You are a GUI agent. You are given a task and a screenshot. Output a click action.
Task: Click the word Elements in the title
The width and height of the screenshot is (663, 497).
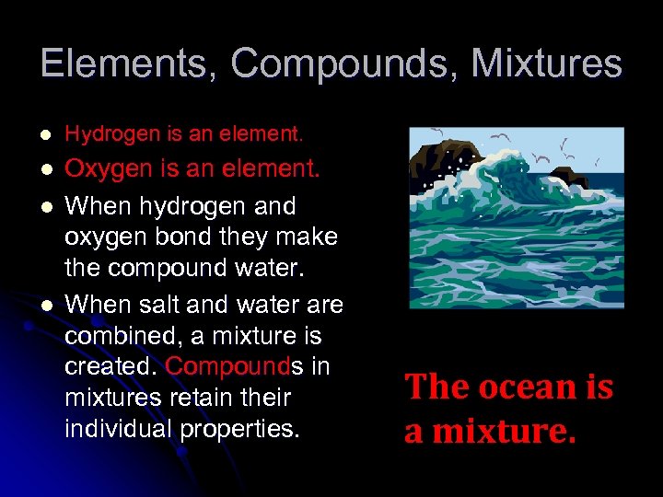127,64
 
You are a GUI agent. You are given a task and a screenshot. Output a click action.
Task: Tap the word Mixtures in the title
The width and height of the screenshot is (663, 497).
548,64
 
